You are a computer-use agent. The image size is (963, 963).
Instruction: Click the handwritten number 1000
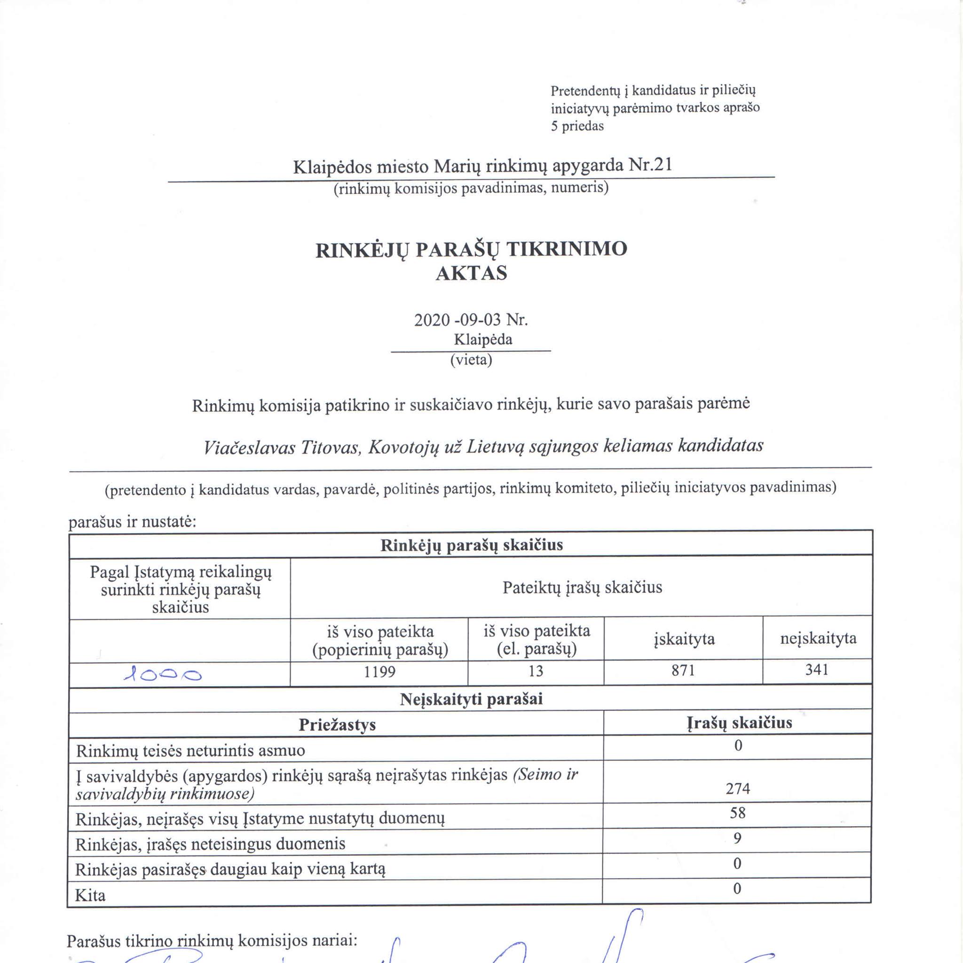[x=163, y=675]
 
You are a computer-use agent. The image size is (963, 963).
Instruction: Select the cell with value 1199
[x=379, y=672]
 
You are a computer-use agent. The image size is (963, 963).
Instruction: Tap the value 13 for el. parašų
[x=536, y=671]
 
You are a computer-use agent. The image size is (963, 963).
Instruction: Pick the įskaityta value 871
[x=683, y=670]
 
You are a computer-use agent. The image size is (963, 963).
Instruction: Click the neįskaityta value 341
[x=817, y=669]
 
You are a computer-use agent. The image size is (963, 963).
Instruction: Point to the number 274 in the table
[x=738, y=788]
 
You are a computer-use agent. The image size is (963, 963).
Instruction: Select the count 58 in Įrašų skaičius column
[x=738, y=813]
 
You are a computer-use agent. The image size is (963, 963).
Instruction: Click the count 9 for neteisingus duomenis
[x=738, y=838]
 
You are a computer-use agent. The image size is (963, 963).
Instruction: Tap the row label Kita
[x=90, y=896]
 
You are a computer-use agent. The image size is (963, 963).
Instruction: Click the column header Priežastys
[x=337, y=724]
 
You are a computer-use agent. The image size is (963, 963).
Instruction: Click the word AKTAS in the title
[x=471, y=273]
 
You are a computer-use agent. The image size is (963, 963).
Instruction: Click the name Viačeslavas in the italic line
[x=250, y=447]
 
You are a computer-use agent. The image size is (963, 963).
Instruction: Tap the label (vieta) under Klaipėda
[x=471, y=359]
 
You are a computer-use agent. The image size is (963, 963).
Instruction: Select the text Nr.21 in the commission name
[x=650, y=165]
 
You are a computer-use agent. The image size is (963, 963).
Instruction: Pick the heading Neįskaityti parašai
[x=471, y=699]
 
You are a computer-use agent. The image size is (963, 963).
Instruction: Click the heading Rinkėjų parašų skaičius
[x=472, y=545]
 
